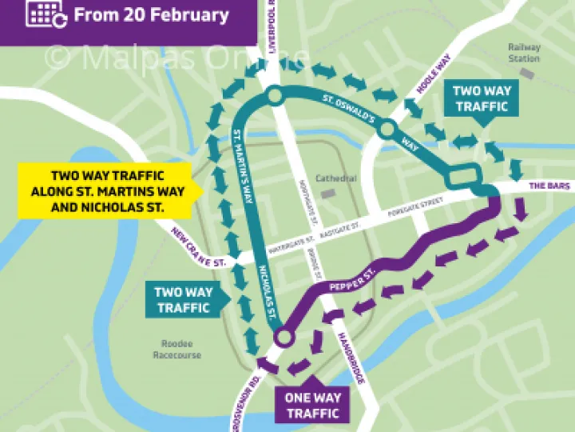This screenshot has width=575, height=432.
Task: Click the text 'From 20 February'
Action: point(151,14)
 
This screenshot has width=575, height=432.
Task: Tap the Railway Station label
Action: point(524,53)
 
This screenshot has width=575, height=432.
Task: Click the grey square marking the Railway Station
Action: point(525,73)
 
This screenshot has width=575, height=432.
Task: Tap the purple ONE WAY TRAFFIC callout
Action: point(313,406)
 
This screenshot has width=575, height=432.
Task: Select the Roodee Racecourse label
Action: point(176,350)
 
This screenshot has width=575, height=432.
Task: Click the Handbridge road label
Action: point(351,358)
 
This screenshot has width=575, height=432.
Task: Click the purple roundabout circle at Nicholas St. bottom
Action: point(280,339)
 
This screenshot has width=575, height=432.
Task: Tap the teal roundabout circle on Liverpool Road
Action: point(274,97)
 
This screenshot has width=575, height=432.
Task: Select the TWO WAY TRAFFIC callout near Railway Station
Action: point(481,98)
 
